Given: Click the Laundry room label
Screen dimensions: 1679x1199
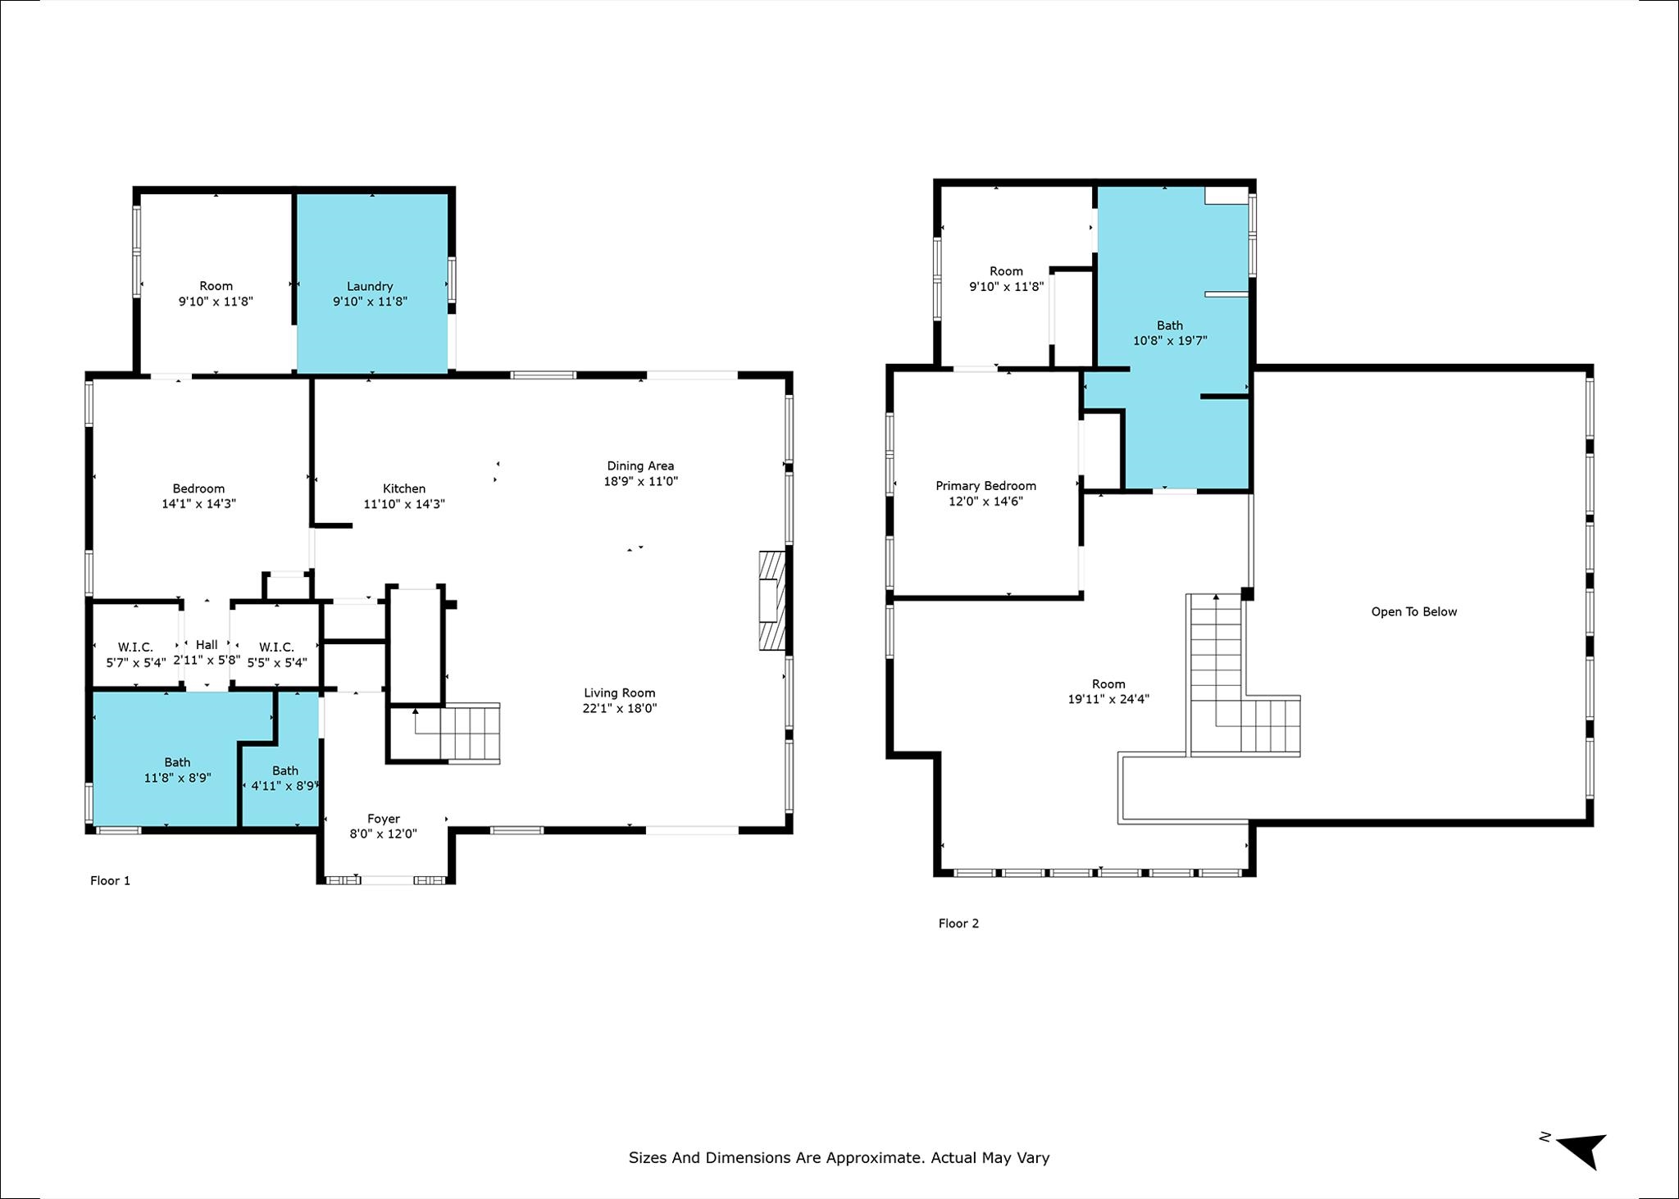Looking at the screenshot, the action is pos(370,286).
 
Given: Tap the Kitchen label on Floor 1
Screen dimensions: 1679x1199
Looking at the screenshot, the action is pos(404,488).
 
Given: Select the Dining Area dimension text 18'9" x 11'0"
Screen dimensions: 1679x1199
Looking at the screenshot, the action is pos(640,481).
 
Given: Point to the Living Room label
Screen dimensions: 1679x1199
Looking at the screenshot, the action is pos(620,693).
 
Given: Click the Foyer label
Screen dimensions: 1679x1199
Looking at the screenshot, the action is pos(384,819).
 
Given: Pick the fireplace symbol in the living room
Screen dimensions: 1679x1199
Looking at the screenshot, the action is pos(771,601).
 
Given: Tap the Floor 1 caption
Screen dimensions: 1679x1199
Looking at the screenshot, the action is pos(110,880).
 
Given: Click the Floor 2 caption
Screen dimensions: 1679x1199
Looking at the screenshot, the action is pos(958,923).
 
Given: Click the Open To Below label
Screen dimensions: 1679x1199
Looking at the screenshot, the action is pos(1414,611).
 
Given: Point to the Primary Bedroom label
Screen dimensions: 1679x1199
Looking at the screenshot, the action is pos(985,486).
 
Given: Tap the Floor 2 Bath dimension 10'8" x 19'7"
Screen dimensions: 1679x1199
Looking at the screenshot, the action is pos(1170,340).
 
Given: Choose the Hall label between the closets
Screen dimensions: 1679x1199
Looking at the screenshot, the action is pos(207,645).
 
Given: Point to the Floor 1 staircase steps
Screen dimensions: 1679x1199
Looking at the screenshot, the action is pos(470,733).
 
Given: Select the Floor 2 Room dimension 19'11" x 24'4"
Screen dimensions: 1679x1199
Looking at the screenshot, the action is pos(1108,699).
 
